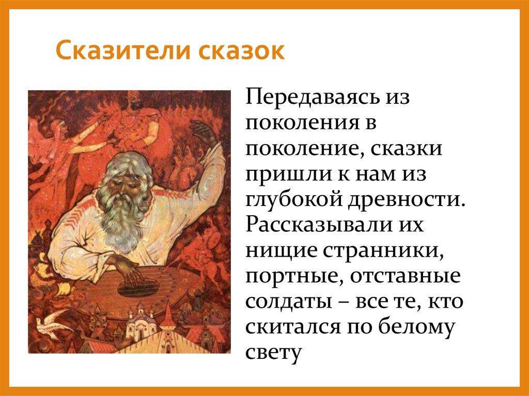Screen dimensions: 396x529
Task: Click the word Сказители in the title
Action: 121,52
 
